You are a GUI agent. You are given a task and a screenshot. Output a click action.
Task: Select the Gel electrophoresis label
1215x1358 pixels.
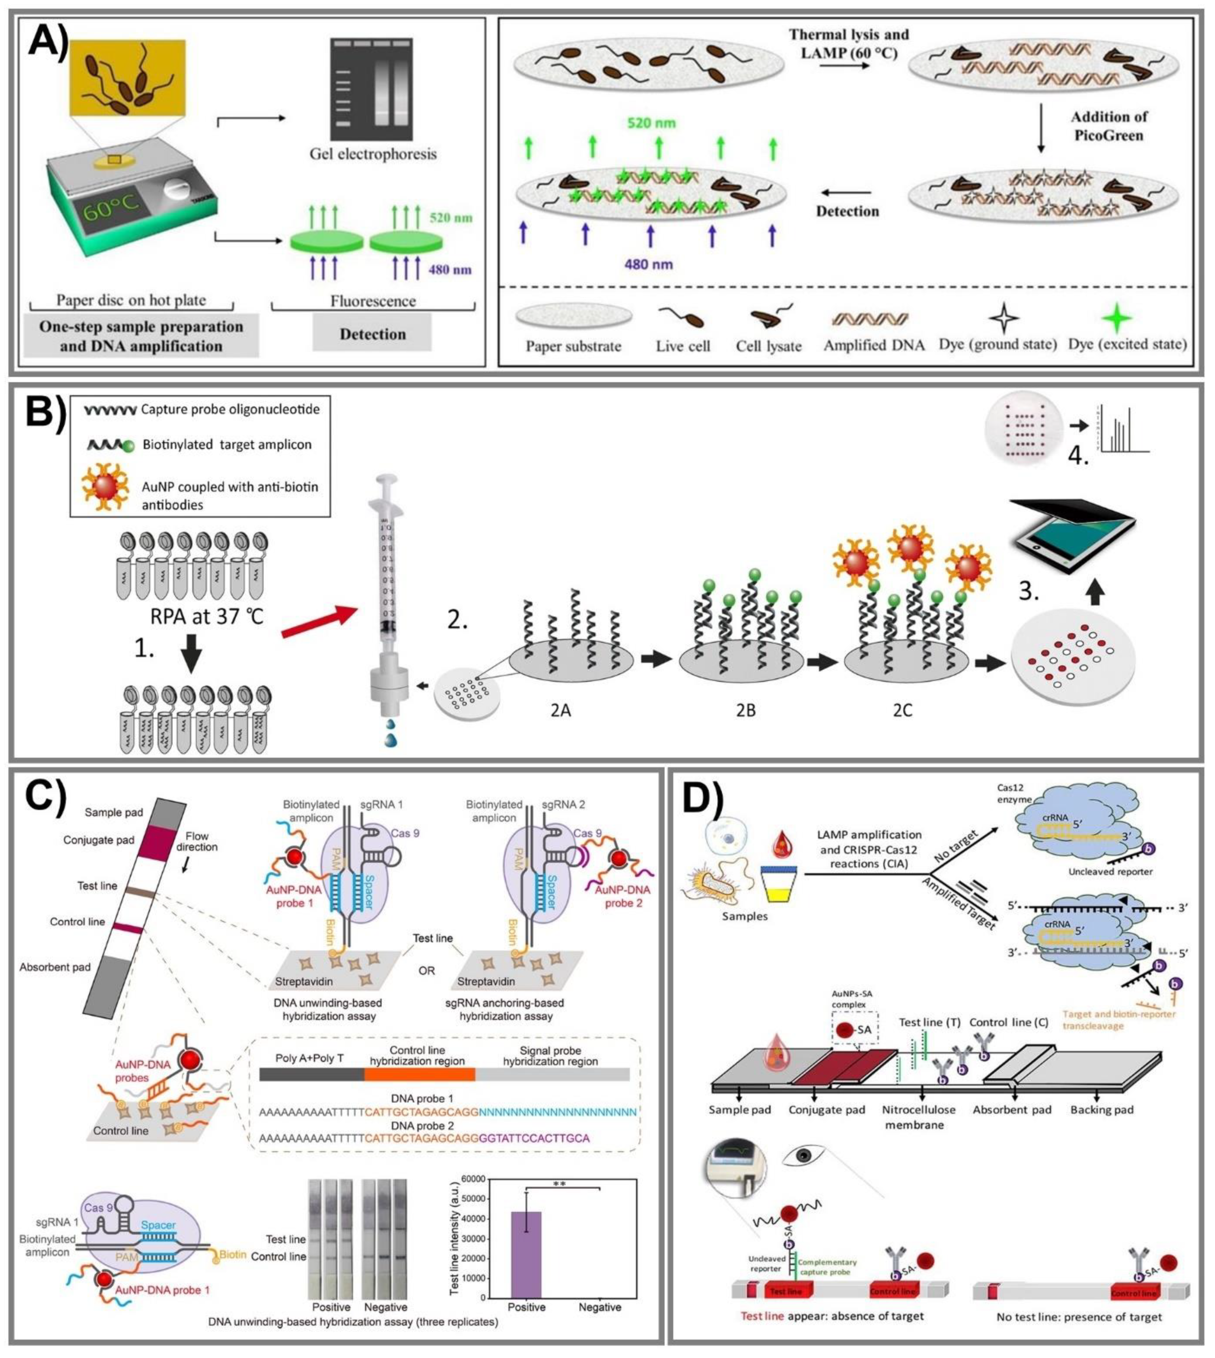coord(372,154)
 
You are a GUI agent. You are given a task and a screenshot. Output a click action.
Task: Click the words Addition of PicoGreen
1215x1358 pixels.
coord(1109,126)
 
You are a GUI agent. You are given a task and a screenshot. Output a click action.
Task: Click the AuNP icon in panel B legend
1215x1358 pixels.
coord(105,486)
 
